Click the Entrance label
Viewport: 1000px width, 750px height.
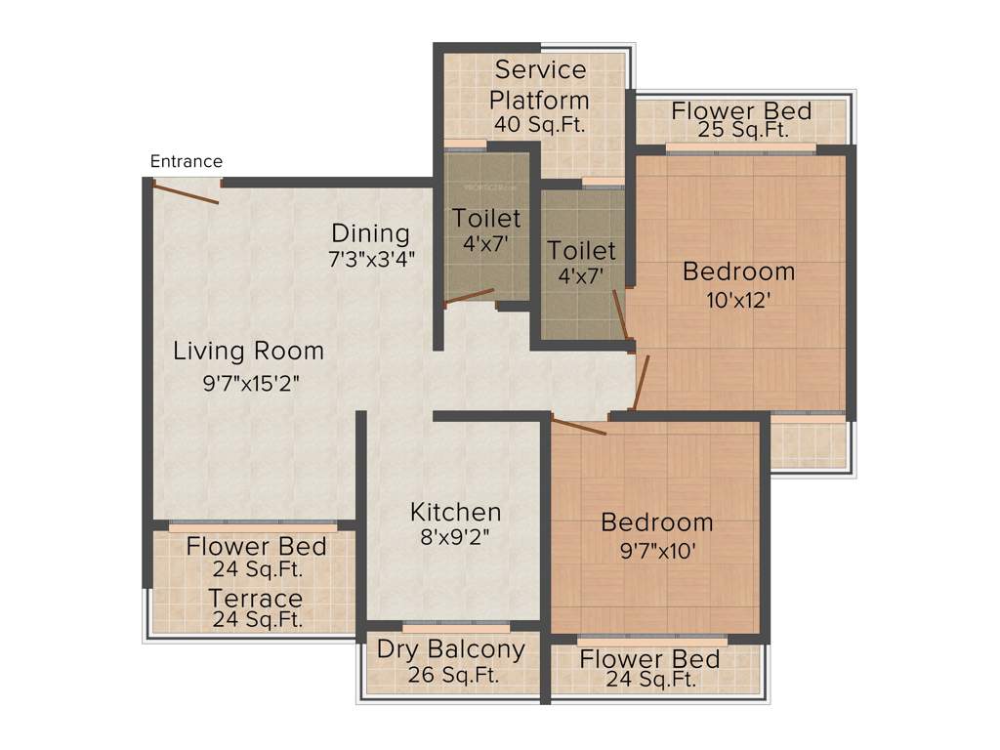point(186,161)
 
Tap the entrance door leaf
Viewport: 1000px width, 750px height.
point(185,191)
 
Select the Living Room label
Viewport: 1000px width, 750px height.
point(248,350)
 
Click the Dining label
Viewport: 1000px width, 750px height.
point(370,233)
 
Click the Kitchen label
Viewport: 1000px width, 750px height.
point(455,512)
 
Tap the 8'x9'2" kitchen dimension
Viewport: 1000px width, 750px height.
point(455,536)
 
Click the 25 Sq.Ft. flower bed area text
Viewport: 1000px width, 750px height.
point(742,130)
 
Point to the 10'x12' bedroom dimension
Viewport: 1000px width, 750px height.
point(739,301)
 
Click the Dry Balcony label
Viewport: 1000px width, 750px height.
point(451,648)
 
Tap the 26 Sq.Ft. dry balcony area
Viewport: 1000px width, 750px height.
point(451,674)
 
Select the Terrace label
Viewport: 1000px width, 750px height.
point(257,597)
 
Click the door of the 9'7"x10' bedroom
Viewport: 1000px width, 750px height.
point(578,425)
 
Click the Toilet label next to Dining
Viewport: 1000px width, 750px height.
point(486,217)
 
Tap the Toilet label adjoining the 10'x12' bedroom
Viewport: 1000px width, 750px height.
point(581,250)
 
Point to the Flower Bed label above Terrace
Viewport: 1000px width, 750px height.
point(257,545)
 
